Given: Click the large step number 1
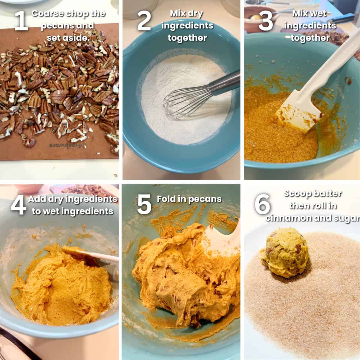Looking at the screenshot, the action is (21, 21).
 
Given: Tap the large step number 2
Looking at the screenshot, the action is (144, 21).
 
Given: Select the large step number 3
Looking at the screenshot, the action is (265, 21).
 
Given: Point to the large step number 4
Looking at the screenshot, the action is (18, 205).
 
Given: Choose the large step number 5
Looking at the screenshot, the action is (144, 204).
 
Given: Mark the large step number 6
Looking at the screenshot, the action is (262, 204).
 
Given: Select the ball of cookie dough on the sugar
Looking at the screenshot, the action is (286, 253).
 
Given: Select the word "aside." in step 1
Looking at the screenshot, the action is (76, 38).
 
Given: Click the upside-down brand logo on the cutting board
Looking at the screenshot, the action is (67, 145).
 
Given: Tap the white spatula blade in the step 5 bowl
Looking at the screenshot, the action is (222, 241).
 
